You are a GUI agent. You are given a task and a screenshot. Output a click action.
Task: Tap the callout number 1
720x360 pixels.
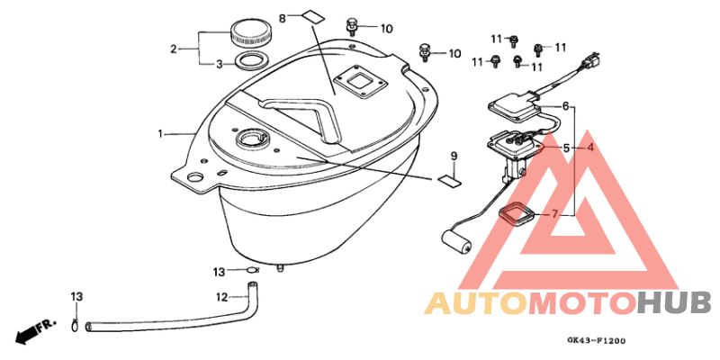coord(160,134)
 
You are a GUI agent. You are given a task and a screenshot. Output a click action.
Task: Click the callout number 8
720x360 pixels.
coord(283,18)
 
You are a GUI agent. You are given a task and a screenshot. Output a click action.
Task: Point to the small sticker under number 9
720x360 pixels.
coord(448,181)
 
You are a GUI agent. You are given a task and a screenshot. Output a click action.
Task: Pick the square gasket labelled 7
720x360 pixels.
coord(516,214)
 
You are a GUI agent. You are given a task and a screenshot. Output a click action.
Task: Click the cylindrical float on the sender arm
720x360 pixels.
coord(456,241)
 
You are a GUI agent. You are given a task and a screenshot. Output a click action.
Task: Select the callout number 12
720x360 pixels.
coord(222,298)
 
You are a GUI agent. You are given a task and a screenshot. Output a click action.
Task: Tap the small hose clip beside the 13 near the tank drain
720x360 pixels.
coord(253,269)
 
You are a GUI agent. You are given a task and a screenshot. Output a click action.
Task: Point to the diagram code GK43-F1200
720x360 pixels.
coord(596,341)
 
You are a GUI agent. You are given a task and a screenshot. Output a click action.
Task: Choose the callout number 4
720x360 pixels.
coord(589,148)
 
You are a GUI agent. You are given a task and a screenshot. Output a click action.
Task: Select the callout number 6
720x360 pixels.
coord(566,106)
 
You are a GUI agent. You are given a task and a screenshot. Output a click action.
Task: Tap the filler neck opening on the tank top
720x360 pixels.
coord(250,138)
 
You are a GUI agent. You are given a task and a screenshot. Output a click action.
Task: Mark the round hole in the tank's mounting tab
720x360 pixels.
coord(194,177)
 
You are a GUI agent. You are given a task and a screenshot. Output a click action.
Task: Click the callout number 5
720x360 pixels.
coord(566,148)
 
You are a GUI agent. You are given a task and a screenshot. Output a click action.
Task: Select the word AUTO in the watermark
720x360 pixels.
coord(476,303)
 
